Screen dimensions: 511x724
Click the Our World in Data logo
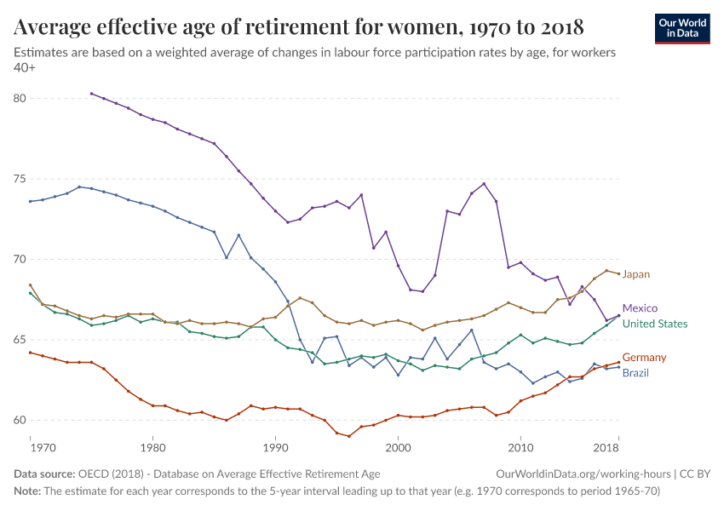point(681,28)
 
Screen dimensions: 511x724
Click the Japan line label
point(635,274)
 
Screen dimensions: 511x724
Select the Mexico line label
point(640,308)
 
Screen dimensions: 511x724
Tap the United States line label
point(655,324)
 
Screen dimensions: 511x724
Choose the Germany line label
point(644,358)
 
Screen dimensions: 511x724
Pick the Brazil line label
point(635,373)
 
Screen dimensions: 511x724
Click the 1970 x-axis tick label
point(43,446)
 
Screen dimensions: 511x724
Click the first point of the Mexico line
point(91,94)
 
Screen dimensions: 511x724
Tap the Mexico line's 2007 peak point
point(484,184)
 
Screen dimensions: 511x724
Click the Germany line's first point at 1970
point(30,353)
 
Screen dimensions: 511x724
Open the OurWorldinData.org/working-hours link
point(581,474)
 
